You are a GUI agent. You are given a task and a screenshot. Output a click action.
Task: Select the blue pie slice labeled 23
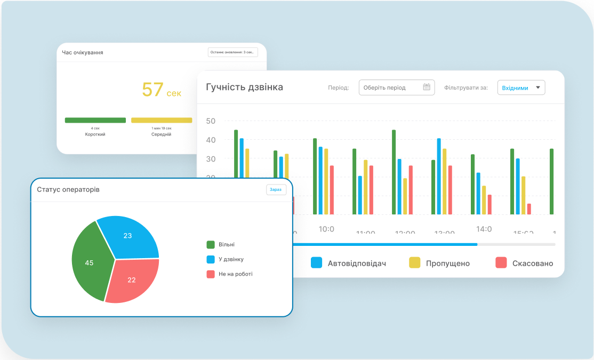point(128,236)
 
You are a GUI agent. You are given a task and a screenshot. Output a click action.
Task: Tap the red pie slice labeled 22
point(132,280)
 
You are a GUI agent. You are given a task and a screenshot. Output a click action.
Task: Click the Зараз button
point(276,190)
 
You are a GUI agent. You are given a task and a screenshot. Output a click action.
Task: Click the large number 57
point(152,90)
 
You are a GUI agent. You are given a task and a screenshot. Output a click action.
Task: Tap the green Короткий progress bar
point(95,120)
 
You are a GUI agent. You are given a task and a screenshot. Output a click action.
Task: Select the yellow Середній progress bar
point(162,120)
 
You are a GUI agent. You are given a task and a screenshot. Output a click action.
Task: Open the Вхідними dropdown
point(521,88)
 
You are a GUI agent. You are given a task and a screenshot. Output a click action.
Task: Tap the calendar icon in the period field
point(427,87)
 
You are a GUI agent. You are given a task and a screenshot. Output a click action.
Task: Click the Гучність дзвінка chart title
point(244,87)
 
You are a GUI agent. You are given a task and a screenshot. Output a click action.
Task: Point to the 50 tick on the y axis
point(211,121)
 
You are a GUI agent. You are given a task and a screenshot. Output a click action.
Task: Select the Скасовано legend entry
point(524,263)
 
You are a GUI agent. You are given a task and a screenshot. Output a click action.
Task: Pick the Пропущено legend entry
point(439,263)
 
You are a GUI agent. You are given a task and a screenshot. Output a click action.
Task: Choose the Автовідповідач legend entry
point(349,263)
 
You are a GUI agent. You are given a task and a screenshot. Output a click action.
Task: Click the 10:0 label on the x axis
point(326,229)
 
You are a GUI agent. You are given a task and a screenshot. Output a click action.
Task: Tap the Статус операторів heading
point(68,189)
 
